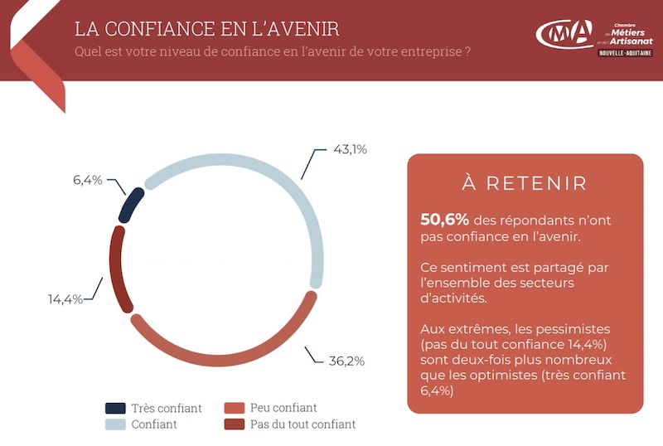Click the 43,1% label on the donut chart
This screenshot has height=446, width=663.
coord(350,149)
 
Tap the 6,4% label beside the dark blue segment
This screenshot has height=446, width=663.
coord(88,180)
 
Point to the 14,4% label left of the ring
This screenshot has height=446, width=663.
coord(65,299)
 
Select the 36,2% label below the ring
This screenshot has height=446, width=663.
coord(346,361)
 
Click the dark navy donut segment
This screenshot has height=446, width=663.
coord(130,206)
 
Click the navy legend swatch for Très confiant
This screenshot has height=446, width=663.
coord(115,408)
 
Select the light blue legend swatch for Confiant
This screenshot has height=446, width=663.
coord(115,424)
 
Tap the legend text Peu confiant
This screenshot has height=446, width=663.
coord(283,408)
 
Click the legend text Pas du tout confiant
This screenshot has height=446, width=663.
coord(302,424)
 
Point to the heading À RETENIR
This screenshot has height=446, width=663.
coord(525,183)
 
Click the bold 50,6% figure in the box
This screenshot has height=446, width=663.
coord(444,220)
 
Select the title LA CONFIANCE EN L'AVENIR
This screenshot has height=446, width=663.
coord(207,29)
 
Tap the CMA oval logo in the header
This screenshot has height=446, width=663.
coord(564,34)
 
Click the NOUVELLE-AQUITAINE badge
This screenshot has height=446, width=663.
coord(626,53)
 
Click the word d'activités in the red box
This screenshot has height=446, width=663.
coord(453,298)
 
